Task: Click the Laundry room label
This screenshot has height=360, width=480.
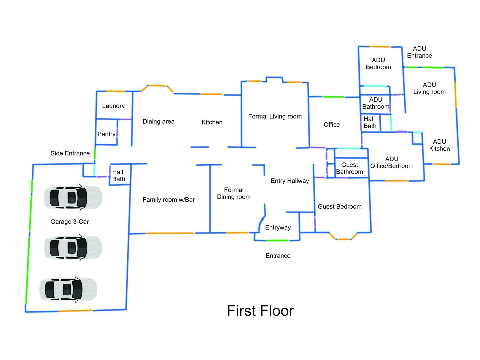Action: pyautogui.click(x=113, y=106)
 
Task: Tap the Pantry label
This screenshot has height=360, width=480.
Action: pyautogui.click(x=106, y=134)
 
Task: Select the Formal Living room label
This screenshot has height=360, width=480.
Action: pyautogui.click(x=275, y=116)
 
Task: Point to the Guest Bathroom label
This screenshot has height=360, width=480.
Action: pyautogui.click(x=349, y=168)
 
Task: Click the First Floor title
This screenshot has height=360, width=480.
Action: pyautogui.click(x=260, y=311)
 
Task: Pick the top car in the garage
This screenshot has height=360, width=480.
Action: pyautogui.click(x=73, y=198)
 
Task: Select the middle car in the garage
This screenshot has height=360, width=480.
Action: pyautogui.click(x=73, y=248)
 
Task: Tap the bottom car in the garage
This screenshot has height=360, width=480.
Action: pyautogui.click(x=69, y=289)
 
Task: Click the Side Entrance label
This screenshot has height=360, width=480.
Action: pyautogui.click(x=70, y=153)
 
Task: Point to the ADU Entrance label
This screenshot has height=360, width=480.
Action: pyautogui.click(x=419, y=52)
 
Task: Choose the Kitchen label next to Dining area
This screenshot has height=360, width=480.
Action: pyautogui.click(x=212, y=122)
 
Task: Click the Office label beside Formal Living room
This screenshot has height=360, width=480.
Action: pyautogui.click(x=332, y=125)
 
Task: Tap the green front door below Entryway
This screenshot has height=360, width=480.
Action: pyautogui.click(x=277, y=240)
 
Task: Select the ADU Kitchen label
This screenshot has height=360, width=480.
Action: pyautogui.click(x=439, y=145)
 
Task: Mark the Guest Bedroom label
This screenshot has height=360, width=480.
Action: pyautogui.click(x=339, y=207)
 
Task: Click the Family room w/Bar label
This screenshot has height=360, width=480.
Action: pyautogui.click(x=169, y=200)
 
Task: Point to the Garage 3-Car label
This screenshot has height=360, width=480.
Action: pyautogui.click(x=70, y=222)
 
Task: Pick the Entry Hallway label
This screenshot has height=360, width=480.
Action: pyautogui.click(x=290, y=181)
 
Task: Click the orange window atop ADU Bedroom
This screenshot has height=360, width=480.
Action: pyautogui.click(x=379, y=47)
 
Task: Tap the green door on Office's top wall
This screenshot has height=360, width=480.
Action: pyautogui.click(x=333, y=97)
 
